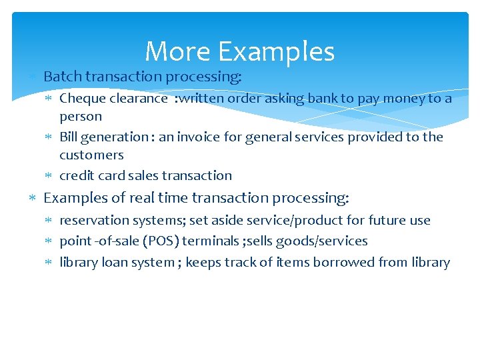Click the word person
(81, 117)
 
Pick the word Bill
(69, 137)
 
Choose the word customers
(91, 155)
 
